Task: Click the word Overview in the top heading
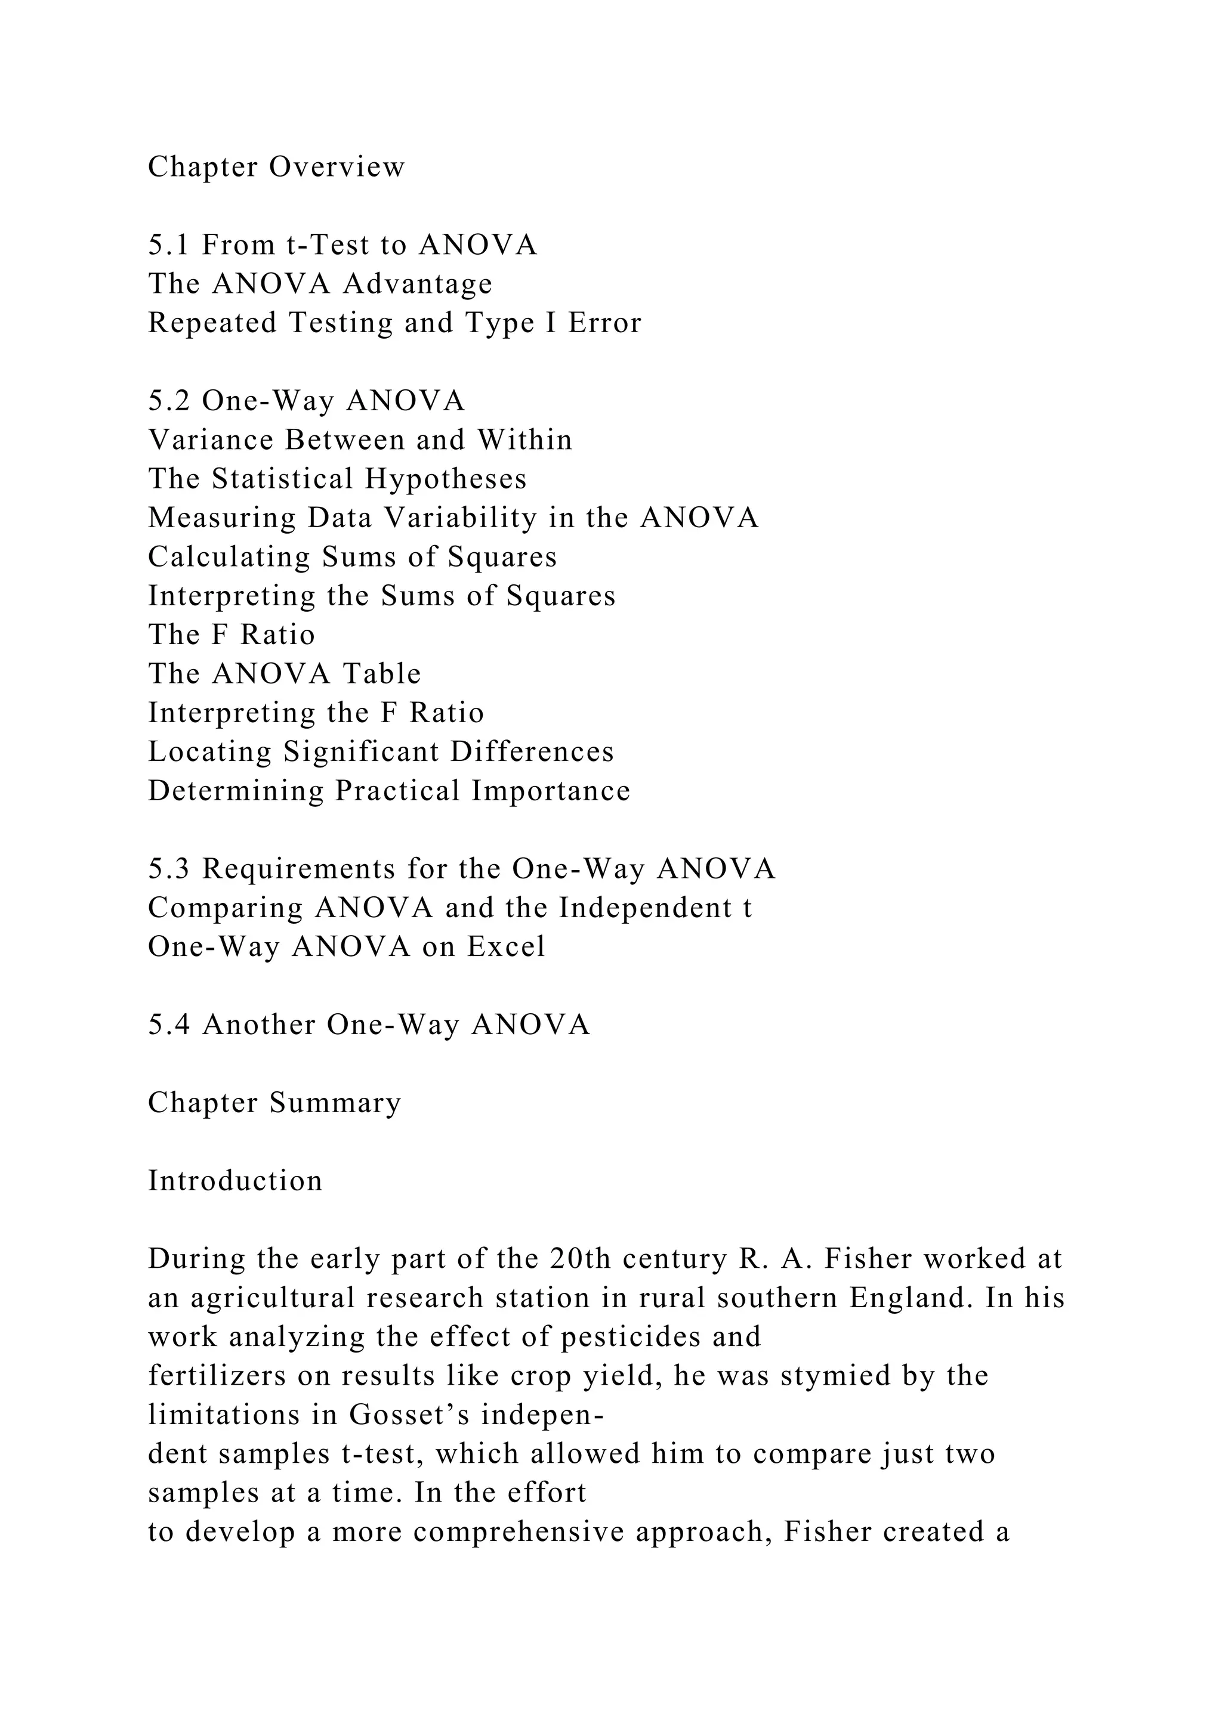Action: click(337, 167)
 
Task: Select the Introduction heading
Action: click(234, 1181)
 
